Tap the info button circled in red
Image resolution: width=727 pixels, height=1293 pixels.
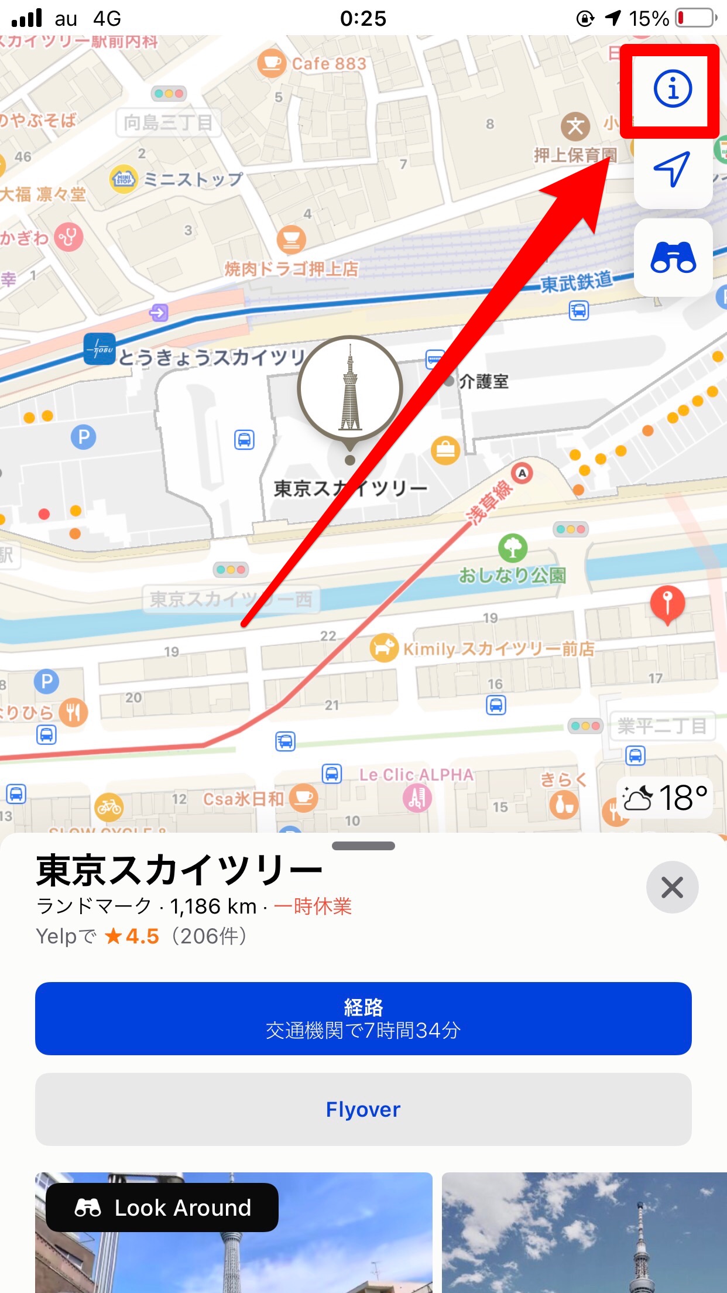(x=673, y=89)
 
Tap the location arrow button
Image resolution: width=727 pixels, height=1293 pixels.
(x=673, y=169)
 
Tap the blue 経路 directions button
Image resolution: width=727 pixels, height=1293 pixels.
(x=363, y=1018)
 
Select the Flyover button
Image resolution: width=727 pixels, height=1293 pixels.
(x=363, y=1109)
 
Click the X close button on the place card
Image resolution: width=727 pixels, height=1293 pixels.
(x=672, y=887)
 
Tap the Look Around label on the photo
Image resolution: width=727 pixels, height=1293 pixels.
(x=162, y=1208)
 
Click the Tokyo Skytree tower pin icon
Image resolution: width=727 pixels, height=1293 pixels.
(x=350, y=388)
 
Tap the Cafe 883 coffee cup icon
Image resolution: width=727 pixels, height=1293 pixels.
(x=272, y=63)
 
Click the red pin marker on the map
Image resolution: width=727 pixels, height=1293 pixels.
(x=667, y=603)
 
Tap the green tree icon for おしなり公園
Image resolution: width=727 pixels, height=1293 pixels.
(x=513, y=548)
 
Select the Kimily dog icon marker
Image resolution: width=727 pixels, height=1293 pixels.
(x=384, y=648)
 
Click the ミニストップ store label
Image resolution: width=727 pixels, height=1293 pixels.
(x=193, y=179)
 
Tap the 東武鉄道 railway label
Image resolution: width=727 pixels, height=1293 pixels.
(x=576, y=282)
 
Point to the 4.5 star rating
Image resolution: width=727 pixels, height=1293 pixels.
(x=132, y=936)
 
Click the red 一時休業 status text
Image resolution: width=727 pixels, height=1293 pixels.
(x=313, y=907)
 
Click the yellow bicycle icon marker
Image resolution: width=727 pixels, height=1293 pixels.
(x=109, y=807)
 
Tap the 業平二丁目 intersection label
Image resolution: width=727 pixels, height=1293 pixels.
(x=662, y=727)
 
